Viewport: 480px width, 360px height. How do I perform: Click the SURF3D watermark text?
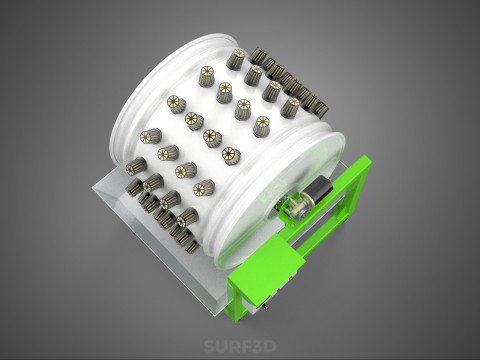click(240, 346)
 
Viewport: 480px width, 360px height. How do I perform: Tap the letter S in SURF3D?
click(209, 346)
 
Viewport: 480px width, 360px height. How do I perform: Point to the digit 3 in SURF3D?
click(258, 346)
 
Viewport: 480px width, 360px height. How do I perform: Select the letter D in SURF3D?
click(271, 346)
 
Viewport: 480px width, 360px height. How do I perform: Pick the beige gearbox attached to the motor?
click(297, 206)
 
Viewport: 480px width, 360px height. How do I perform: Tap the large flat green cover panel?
click(267, 266)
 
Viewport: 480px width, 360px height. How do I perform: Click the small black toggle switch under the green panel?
click(265, 305)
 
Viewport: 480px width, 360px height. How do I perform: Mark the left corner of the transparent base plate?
click(93, 189)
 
